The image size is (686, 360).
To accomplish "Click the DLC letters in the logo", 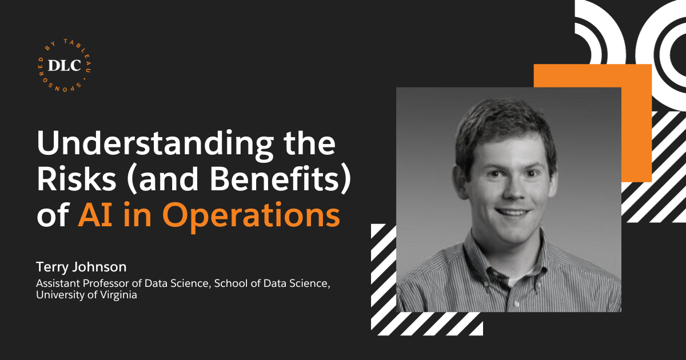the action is (64, 65).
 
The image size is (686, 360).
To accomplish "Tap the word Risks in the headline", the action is (77, 179).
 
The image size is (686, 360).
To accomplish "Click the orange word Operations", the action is (253, 217).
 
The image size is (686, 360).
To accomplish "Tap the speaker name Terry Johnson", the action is (81, 267).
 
